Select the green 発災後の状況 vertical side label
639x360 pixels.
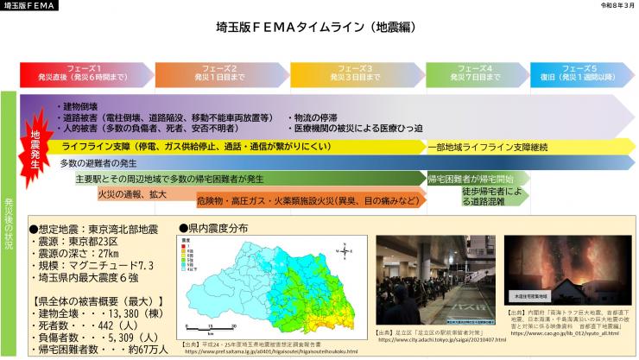pyautogui.click(x=9, y=215)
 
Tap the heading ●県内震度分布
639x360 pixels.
pyautogui.click(x=213, y=228)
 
